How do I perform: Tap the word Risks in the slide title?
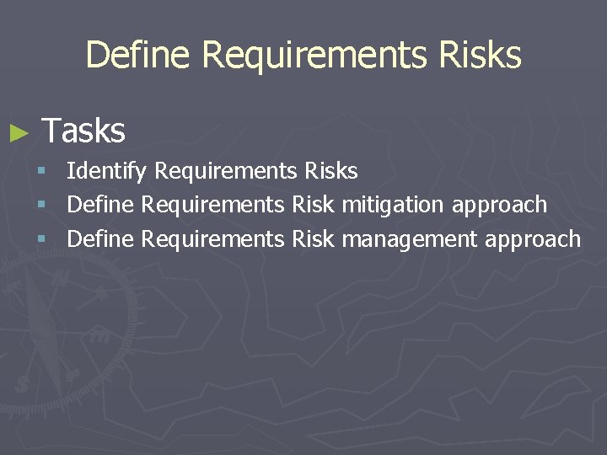tap(480, 56)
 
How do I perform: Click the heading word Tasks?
tap(83, 131)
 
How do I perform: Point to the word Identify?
tap(106, 172)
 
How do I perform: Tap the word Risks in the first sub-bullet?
tap(331, 171)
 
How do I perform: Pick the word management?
tap(411, 239)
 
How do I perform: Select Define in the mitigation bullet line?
tap(100, 205)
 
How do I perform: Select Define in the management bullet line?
tap(100, 239)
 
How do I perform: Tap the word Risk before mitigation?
tap(313, 205)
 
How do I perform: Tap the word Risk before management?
tap(313, 239)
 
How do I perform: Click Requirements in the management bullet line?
tap(213, 239)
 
